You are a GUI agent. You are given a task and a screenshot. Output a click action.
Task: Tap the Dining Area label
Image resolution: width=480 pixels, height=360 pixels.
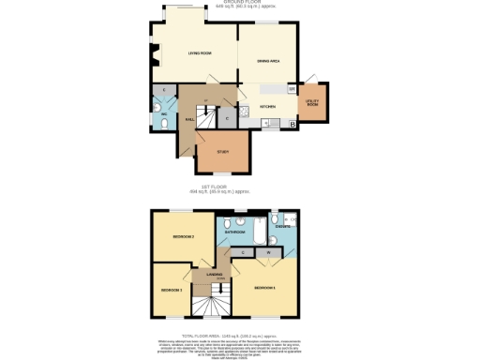(270, 62)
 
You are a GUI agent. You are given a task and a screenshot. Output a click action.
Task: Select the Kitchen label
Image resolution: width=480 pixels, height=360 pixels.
(267, 106)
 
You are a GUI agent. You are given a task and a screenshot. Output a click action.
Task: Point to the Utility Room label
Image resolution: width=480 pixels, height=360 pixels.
(312, 103)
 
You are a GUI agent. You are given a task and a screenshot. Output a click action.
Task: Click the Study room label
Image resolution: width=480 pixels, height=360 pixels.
(222, 152)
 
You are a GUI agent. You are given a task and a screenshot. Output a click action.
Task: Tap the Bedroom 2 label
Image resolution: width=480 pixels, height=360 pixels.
(183, 237)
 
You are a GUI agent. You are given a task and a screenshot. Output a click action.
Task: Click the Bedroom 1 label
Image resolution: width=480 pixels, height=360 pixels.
(263, 287)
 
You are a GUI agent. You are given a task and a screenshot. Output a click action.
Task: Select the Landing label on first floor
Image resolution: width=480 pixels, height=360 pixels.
(214, 275)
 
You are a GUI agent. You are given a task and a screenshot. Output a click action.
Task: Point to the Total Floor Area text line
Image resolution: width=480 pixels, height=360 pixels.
(240, 335)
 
